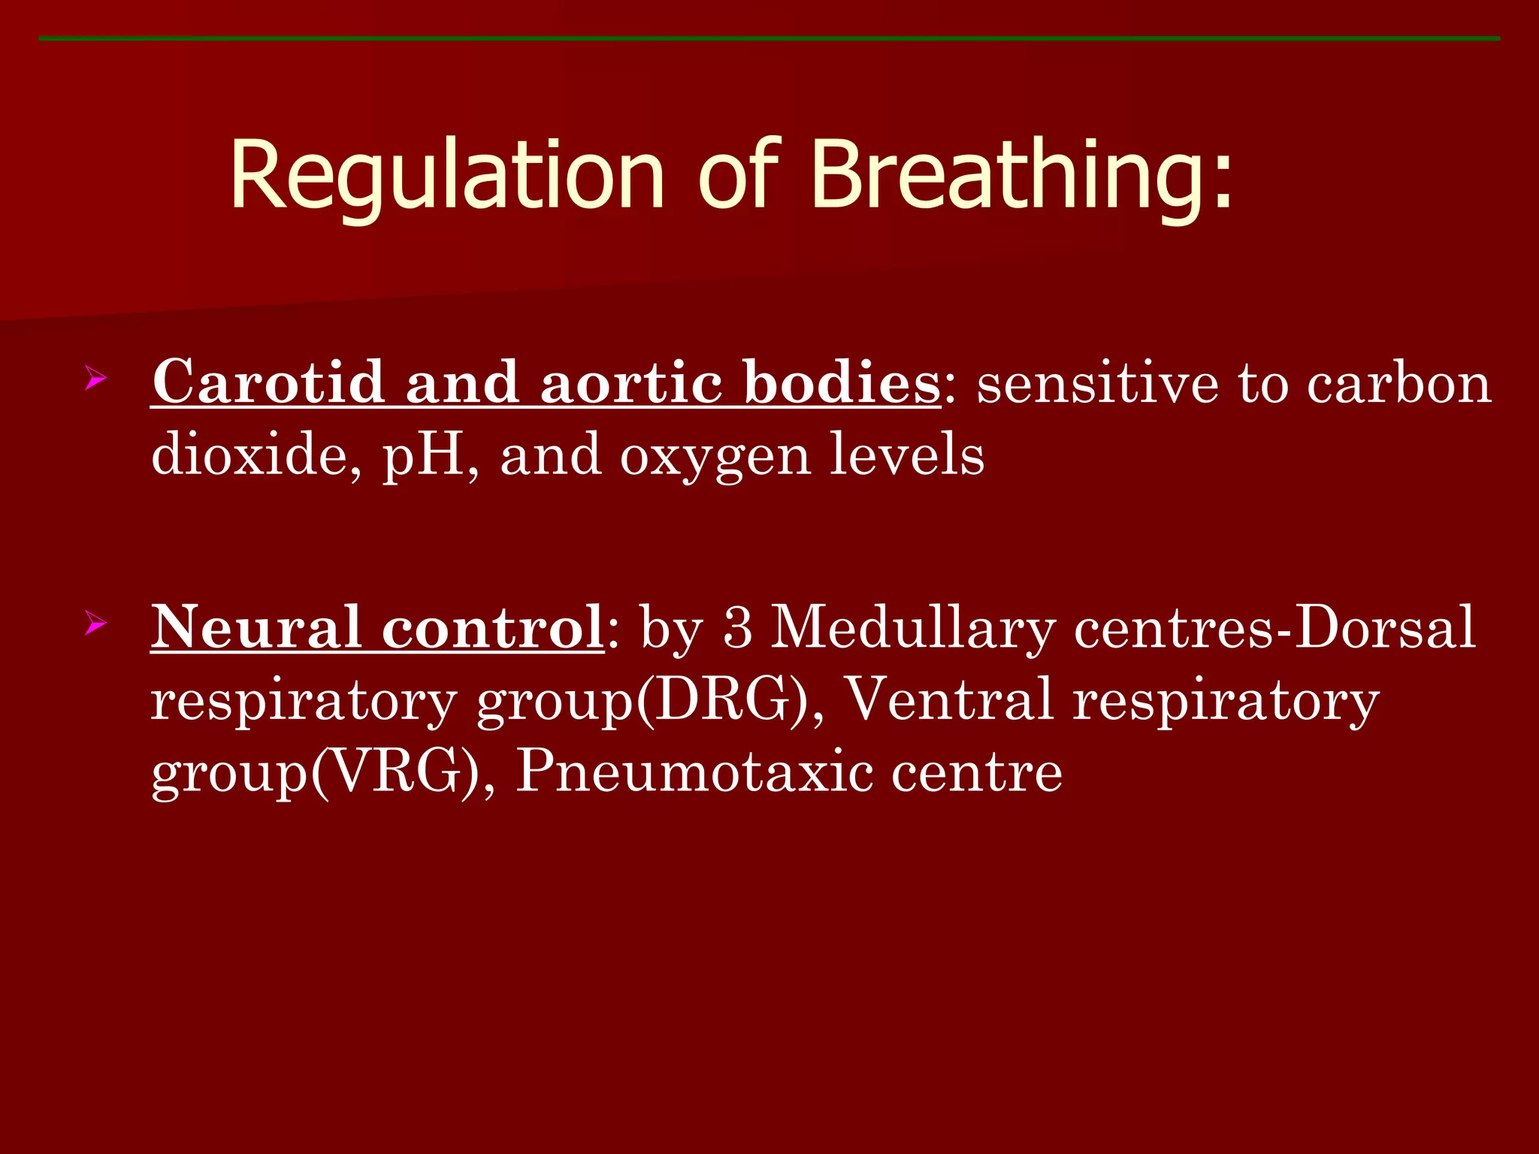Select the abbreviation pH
(x=425, y=456)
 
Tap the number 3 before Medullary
(x=737, y=627)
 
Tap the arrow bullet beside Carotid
(x=95, y=377)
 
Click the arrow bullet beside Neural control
(x=95, y=623)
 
